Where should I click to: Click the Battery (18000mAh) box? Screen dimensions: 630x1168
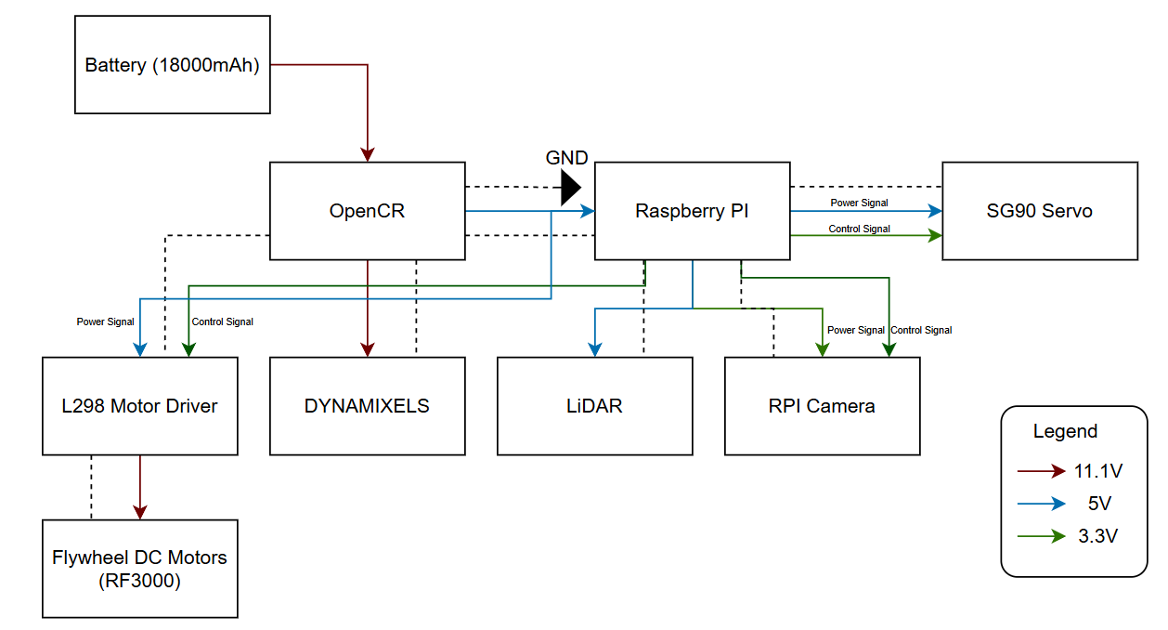(172, 65)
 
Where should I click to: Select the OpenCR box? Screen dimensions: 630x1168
(367, 211)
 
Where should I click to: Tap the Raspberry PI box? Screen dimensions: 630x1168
(692, 211)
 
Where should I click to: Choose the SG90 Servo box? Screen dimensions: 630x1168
(1039, 211)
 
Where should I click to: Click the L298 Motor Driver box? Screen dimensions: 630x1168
(139, 406)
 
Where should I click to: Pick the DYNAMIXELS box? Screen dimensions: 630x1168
(367, 406)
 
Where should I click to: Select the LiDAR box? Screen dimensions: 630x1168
(594, 406)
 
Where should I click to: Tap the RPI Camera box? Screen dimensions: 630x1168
(822, 406)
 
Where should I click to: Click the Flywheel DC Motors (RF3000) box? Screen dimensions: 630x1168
(139, 568)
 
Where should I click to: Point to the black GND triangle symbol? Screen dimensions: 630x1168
(570, 189)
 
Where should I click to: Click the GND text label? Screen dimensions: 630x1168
(566, 158)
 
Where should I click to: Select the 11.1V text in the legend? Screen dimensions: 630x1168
(1098, 471)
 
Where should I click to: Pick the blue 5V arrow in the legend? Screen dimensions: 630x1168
(1042, 504)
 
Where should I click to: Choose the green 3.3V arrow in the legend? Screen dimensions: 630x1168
(1042, 536)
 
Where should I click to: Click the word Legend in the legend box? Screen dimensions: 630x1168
(1065, 431)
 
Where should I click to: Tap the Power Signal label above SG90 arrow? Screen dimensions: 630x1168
(859, 203)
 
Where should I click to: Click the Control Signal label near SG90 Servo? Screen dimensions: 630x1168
(859, 229)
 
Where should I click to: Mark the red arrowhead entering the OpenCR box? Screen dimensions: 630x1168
(368, 155)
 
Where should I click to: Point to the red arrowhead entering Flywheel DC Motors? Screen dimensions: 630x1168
(139, 512)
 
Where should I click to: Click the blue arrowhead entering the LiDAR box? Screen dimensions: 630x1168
(595, 349)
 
